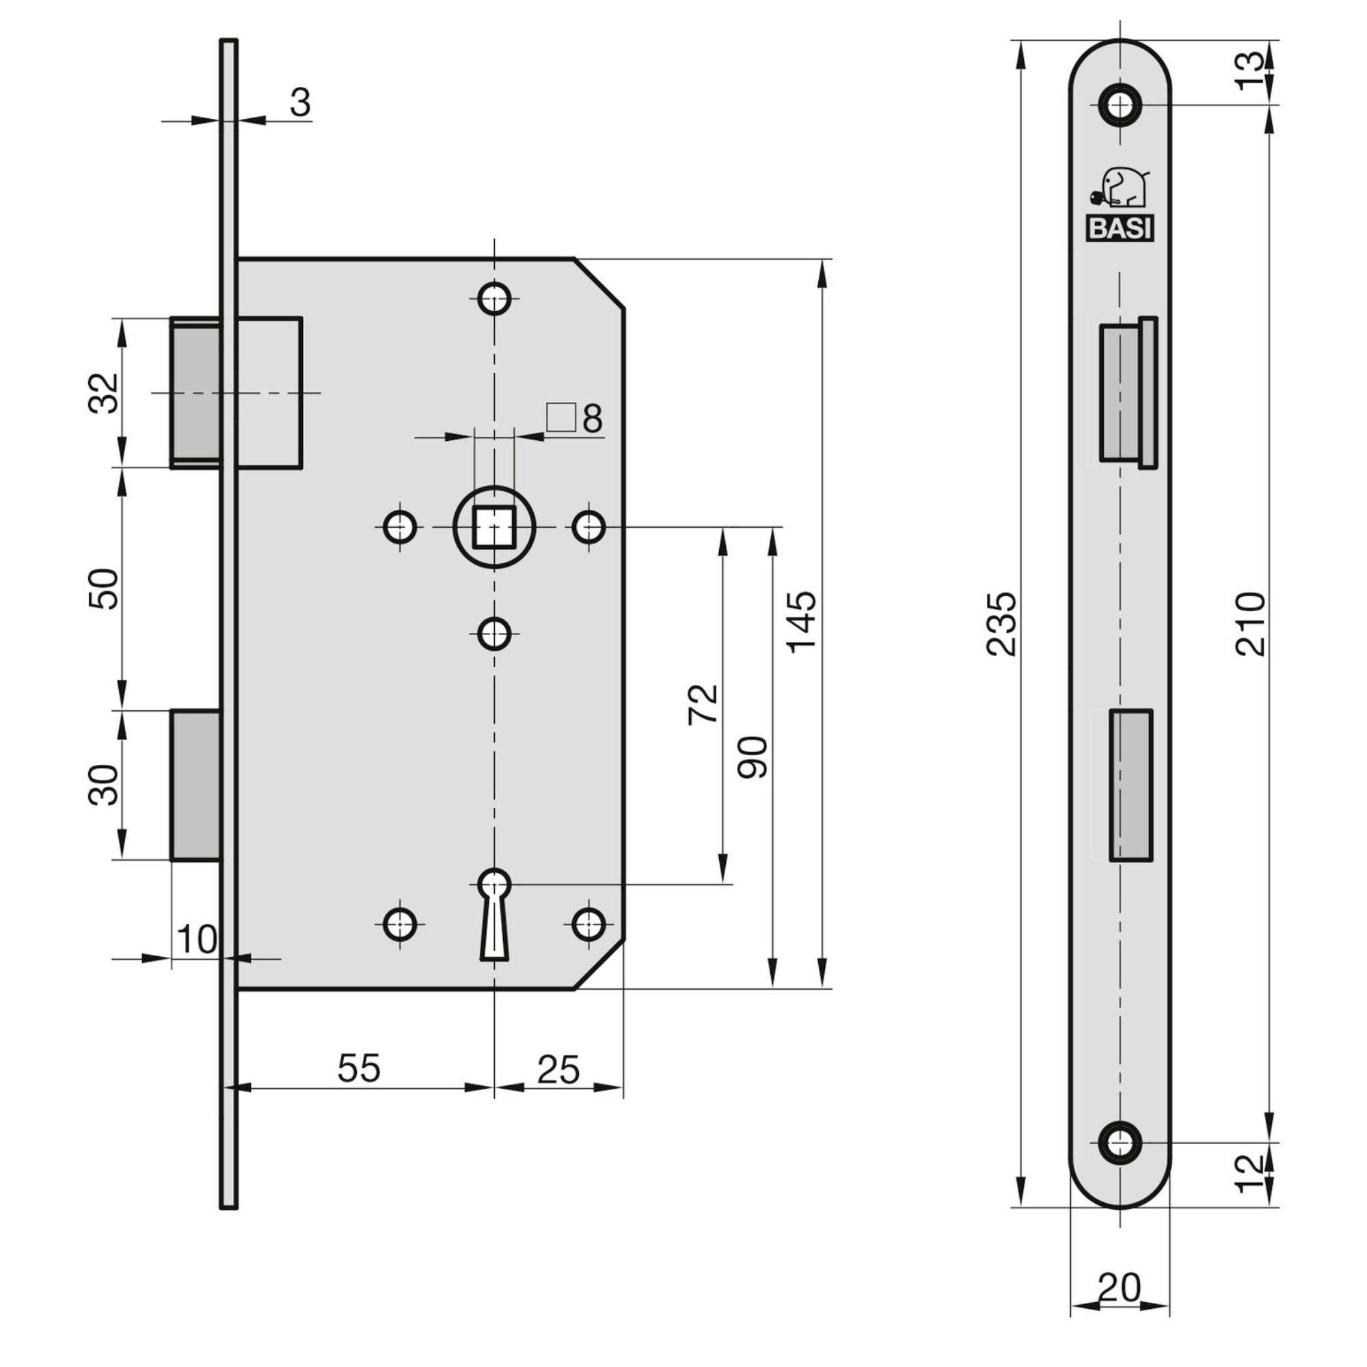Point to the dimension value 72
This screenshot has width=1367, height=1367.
[703, 703]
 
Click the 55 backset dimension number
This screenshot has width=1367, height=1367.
[359, 1068]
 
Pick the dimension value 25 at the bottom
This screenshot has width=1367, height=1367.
[558, 1069]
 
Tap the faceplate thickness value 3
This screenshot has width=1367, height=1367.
[300, 103]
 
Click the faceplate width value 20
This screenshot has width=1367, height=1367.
[1120, 1287]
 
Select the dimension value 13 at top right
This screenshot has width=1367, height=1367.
[1250, 71]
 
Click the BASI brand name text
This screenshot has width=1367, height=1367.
[1120, 228]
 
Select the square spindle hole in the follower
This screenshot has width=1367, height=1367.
[494, 526]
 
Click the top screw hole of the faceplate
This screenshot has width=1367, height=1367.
[1120, 105]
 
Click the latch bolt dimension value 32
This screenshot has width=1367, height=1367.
[104, 393]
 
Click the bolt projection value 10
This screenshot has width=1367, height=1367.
[197, 940]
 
